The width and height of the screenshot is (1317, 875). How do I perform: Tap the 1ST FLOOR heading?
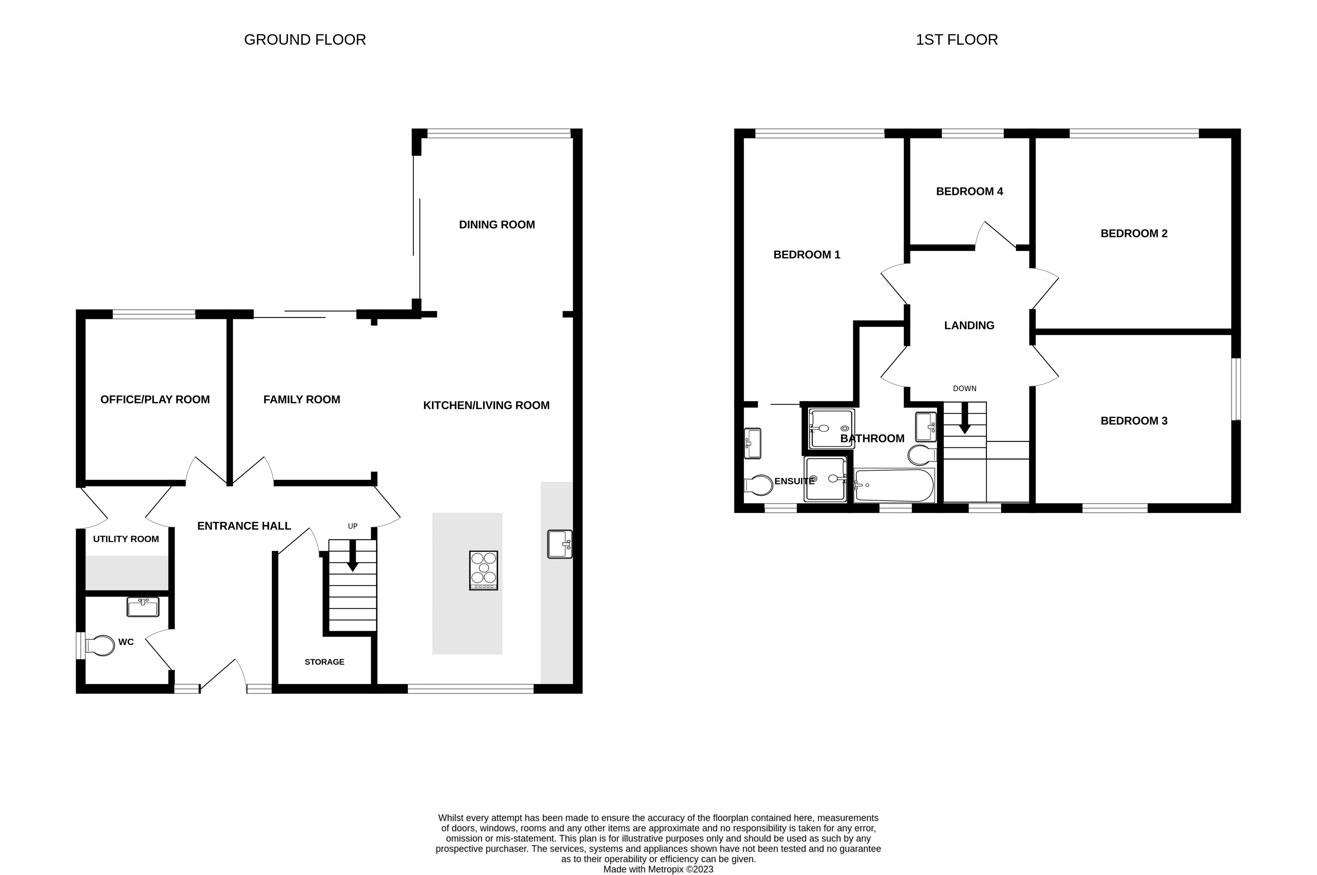pyautogui.click(x=956, y=39)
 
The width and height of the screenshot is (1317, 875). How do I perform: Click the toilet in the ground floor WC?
pyautogui.click(x=101, y=646)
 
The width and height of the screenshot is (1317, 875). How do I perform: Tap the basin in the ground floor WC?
pyautogui.click(x=143, y=607)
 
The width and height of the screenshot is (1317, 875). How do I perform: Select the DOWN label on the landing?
pyautogui.click(x=964, y=388)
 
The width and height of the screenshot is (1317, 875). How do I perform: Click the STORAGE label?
pyautogui.click(x=324, y=662)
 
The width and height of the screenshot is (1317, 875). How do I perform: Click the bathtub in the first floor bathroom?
pyautogui.click(x=894, y=485)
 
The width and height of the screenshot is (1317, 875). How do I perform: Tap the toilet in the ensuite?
pyautogui.click(x=759, y=485)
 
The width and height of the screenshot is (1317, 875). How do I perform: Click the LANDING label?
pyautogui.click(x=969, y=325)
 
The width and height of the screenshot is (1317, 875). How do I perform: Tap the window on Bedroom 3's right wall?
pyautogui.click(x=1236, y=389)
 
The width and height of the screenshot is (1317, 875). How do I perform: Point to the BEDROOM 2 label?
pyautogui.click(x=1133, y=234)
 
